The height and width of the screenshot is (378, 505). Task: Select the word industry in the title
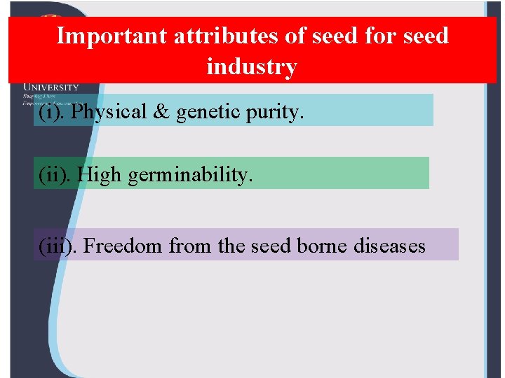pos(252,66)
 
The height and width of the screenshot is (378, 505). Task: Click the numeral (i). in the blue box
pos(53,111)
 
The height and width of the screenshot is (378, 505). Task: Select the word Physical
pos(109,111)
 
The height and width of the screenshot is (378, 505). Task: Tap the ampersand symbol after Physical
pos(161,111)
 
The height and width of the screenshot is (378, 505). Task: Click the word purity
pos(275,112)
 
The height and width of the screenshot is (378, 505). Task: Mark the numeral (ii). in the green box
pos(55,174)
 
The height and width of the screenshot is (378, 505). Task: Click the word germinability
pos(189,174)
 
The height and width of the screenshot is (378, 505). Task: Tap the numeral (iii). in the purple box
pos(58,246)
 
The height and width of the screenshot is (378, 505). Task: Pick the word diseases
pos(389,246)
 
